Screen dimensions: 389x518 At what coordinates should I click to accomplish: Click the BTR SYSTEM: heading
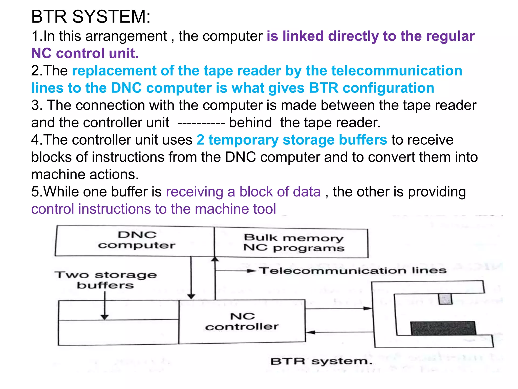[x=91, y=17]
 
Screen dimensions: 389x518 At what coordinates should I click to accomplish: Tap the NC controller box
[x=242, y=322]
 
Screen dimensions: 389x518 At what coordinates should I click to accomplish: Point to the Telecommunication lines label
[x=353, y=270]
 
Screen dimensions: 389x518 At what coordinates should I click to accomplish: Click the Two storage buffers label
[x=106, y=280]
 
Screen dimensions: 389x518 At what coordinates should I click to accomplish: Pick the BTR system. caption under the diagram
[x=321, y=361]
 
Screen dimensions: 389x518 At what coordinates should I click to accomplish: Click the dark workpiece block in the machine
[x=443, y=328]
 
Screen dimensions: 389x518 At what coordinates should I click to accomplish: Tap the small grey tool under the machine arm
[x=445, y=299]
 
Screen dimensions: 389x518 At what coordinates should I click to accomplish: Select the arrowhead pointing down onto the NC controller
[x=191, y=296]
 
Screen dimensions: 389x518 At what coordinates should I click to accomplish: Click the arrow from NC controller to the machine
[x=339, y=308]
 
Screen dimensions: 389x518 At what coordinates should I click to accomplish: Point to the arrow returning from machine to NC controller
[x=339, y=332]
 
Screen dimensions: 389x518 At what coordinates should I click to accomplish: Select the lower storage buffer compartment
[x=118, y=332]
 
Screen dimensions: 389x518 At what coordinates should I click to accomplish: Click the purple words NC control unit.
[x=85, y=53]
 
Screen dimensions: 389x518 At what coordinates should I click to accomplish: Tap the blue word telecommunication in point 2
[x=397, y=71]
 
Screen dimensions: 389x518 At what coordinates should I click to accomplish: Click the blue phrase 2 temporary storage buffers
[x=292, y=140]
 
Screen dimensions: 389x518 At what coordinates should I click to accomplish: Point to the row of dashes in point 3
[x=201, y=123]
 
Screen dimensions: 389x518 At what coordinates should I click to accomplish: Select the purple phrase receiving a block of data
[x=243, y=192]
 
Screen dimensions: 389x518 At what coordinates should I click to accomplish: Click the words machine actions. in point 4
[x=85, y=174]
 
